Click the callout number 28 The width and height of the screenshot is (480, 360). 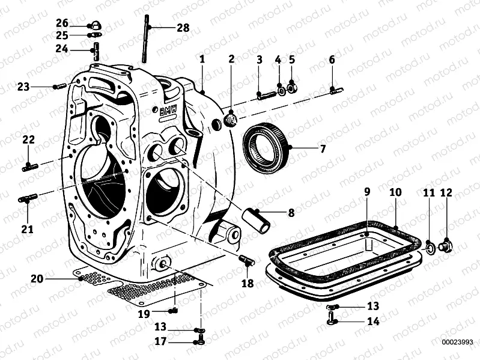183,28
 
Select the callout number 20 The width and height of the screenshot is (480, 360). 37,278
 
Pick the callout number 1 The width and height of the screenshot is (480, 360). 202,59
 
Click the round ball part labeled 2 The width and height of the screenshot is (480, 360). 231,121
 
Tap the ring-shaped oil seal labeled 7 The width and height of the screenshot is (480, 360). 268,147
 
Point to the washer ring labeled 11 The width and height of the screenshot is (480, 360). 430,246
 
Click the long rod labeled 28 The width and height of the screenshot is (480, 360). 146,38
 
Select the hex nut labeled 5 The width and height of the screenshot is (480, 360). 292,88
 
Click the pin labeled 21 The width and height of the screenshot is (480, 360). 28,198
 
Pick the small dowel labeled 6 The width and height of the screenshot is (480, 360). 336,91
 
